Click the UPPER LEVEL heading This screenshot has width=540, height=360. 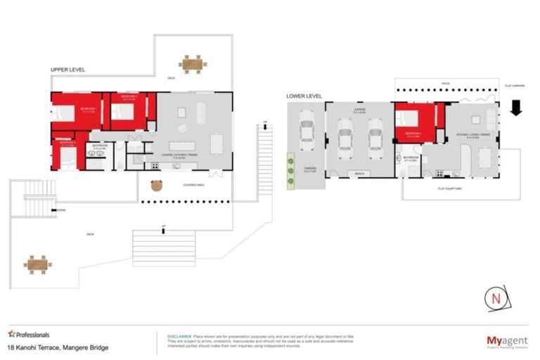pyautogui.click(x=67, y=70)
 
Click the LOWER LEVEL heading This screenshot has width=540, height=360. pyautogui.click(x=304, y=96)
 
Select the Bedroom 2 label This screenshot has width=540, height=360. pyautogui.click(x=129, y=97)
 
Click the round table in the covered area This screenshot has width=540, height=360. pyautogui.click(x=156, y=186)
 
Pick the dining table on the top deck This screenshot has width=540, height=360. pyautogui.click(x=192, y=64)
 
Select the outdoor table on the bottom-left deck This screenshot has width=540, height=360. pyautogui.click(x=38, y=264)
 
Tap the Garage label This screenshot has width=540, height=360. pyautogui.click(x=359, y=110)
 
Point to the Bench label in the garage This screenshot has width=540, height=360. pyautogui.click(x=359, y=172)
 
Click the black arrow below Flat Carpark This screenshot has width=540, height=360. pyautogui.click(x=515, y=108)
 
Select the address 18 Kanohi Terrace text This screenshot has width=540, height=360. pyautogui.click(x=58, y=347)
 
